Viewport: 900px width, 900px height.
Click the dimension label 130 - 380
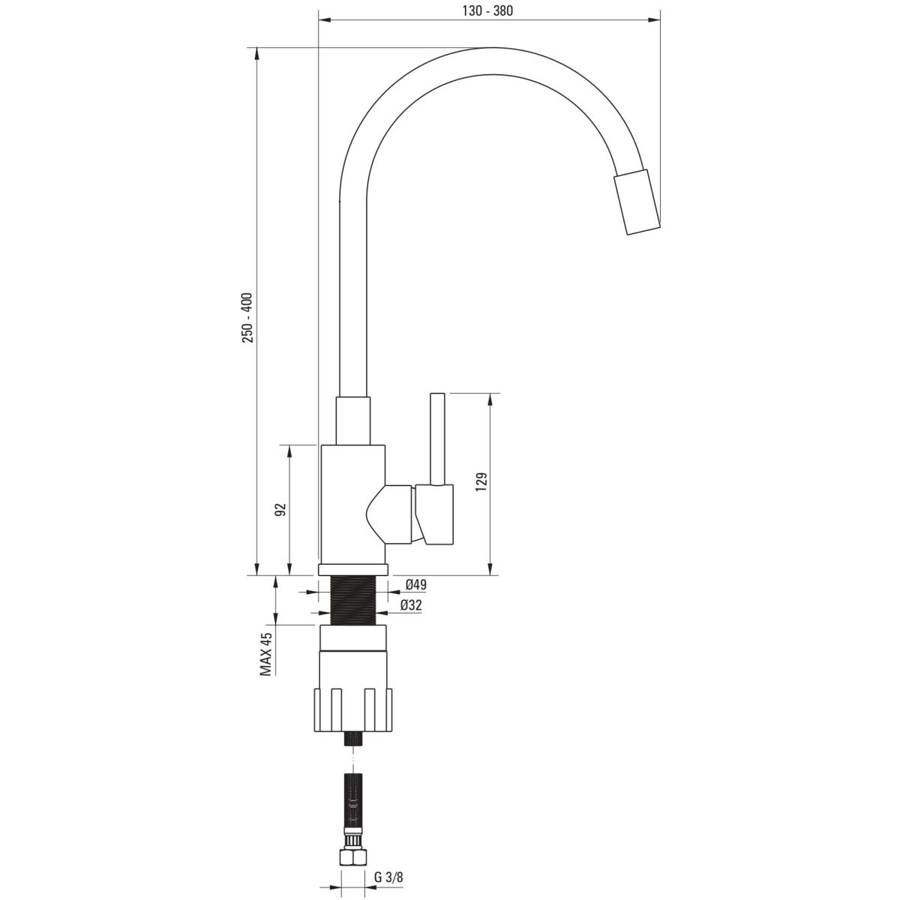point(487,10)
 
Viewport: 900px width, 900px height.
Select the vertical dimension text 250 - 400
point(247,317)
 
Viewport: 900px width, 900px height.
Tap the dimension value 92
point(280,509)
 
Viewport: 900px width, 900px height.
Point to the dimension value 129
point(481,481)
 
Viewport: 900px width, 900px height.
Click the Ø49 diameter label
point(416,584)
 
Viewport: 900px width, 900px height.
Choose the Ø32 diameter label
point(411,606)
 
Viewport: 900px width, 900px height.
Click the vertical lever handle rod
point(437,439)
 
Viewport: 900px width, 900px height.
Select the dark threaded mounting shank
point(353,600)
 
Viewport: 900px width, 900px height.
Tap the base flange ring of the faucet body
point(353,570)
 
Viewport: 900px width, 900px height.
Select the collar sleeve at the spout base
point(353,421)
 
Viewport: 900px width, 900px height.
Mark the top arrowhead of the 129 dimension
point(490,399)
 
